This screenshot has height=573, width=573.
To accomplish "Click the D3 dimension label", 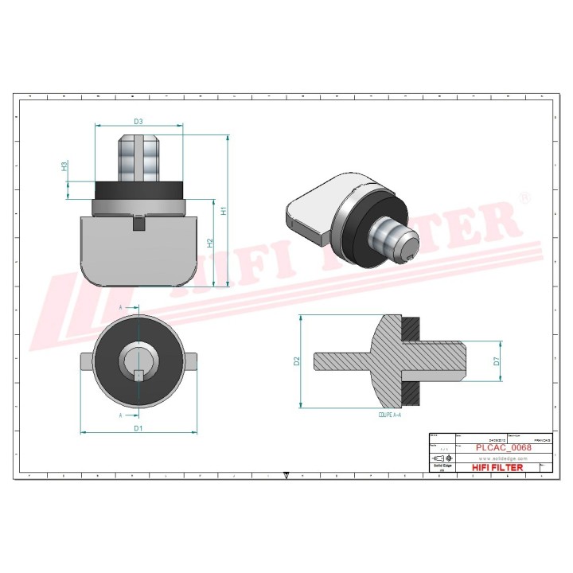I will [138, 122].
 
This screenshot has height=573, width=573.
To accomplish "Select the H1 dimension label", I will [224, 211].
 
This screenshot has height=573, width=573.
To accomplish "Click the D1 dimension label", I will [138, 428].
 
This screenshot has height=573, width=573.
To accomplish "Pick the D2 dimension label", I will [296, 361].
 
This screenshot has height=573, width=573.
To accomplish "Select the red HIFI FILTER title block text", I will [497, 467].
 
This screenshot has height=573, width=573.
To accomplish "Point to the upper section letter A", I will [121, 306].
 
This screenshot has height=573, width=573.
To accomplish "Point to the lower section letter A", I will [121, 415].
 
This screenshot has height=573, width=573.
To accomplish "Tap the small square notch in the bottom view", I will [138, 374].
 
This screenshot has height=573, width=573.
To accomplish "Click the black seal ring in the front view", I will [138, 189].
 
